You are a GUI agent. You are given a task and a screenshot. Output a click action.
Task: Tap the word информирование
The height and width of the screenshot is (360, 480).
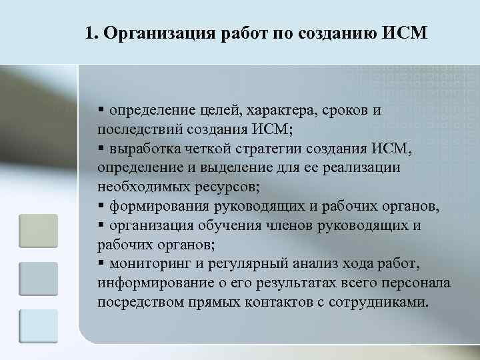(146, 283)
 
